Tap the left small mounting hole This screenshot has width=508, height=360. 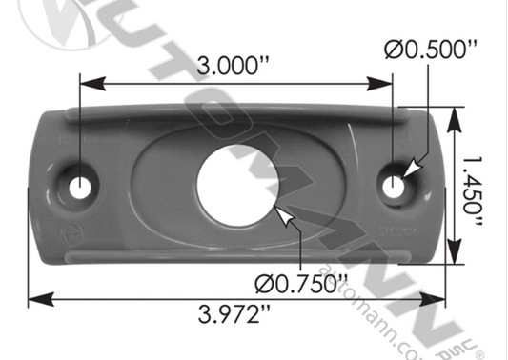click(79, 186)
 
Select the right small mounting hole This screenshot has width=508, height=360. click(393, 185)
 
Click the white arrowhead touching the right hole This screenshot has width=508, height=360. click(409, 170)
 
